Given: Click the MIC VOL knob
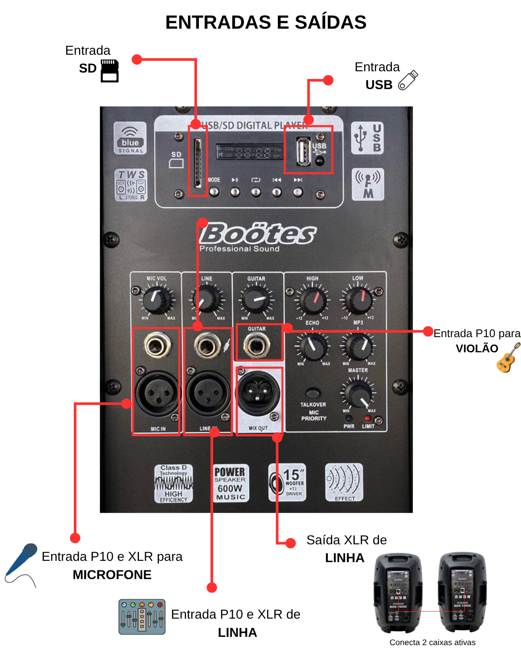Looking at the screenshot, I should [157, 299].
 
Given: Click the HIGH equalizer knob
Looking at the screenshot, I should [313, 300].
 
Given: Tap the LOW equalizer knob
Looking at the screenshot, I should [358, 300].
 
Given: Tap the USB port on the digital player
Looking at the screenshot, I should [303, 151].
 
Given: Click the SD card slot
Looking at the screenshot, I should [198, 163].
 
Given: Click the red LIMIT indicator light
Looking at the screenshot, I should [367, 419].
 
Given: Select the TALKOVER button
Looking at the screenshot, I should [313, 394].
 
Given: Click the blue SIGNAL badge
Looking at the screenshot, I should [130, 138].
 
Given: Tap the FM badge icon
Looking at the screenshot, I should [368, 184].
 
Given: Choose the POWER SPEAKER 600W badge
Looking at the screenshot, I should [230, 483].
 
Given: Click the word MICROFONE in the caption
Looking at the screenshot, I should [112, 575].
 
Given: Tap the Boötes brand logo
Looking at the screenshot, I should [258, 234].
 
